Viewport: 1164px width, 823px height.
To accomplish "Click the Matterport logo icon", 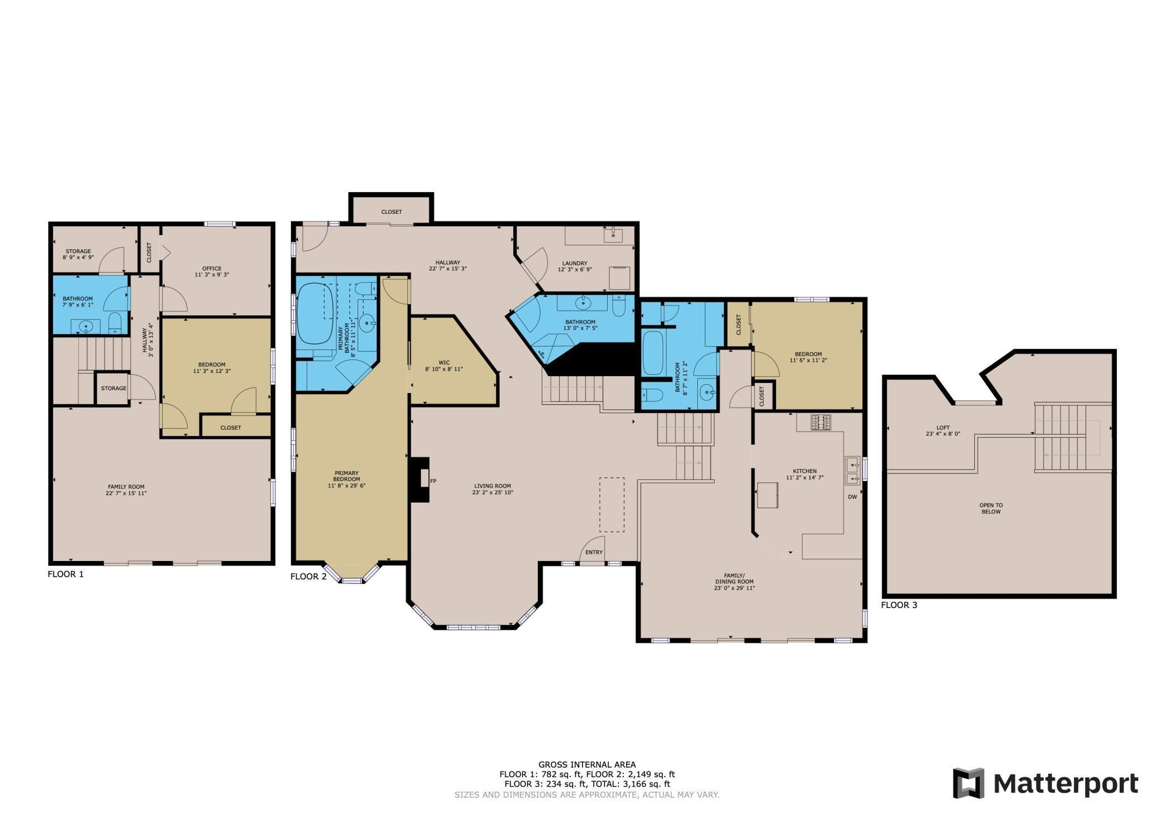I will [969, 783].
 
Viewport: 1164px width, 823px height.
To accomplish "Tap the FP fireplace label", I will [433, 481].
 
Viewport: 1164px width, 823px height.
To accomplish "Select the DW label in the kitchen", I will [852, 497].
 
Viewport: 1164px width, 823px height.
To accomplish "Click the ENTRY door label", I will [594, 553].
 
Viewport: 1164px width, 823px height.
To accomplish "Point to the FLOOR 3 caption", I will [899, 605].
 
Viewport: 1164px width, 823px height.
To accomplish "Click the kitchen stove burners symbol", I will [821, 422].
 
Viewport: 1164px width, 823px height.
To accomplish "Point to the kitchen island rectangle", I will [767, 495].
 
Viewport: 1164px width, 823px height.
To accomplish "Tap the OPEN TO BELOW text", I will [991, 508].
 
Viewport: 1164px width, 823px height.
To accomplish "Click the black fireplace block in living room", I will [419, 480].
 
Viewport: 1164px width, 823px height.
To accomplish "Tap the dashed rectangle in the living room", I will [612, 504].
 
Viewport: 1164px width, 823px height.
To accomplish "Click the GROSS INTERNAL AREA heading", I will [586, 764].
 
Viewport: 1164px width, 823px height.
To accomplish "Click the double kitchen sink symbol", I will [852, 471].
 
